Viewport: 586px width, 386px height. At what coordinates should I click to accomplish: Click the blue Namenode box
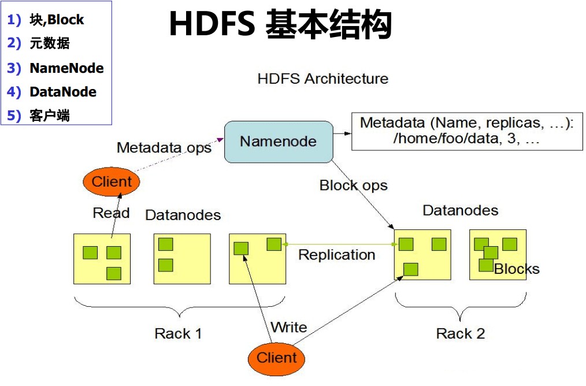[279, 142]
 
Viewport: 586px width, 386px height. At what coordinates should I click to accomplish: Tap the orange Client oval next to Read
[112, 182]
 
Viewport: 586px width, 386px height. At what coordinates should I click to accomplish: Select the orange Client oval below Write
[276, 358]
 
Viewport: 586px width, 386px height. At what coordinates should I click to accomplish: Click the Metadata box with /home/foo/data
[466, 131]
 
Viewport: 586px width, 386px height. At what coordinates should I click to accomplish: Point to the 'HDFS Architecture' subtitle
[323, 79]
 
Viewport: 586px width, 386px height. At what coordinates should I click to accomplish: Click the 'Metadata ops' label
[164, 147]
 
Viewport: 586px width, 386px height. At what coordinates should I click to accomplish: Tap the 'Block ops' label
[353, 185]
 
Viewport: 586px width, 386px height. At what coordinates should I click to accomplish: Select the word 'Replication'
[336, 255]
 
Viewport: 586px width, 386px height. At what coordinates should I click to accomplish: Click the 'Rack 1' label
[179, 333]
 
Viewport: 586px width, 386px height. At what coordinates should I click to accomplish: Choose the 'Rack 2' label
[460, 333]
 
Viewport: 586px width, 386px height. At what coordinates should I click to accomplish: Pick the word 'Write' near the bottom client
[288, 328]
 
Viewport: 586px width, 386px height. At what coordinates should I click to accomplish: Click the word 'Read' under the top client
[111, 213]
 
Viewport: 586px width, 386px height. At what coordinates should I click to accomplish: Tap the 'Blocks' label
[517, 269]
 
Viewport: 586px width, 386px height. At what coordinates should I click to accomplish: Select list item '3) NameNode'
[55, 68]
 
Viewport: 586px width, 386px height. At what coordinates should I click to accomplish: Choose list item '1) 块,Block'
[46, 20]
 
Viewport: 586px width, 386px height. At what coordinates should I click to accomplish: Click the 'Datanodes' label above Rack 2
[460, 210]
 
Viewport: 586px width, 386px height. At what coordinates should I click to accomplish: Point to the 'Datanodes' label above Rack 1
[183, 216]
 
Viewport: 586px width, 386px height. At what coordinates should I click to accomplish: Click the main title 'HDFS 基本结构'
[280, 25]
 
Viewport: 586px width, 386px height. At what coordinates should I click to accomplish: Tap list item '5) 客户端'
[39, 116]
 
